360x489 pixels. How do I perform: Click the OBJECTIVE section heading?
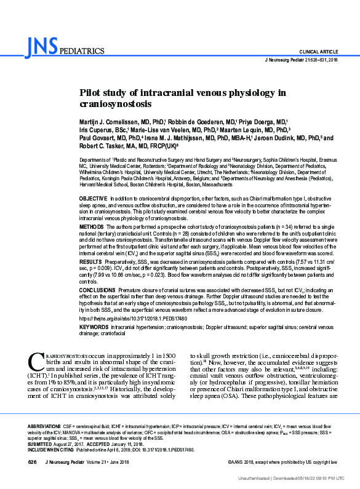(93, 183)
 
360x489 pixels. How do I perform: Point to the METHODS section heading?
(91, 209)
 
